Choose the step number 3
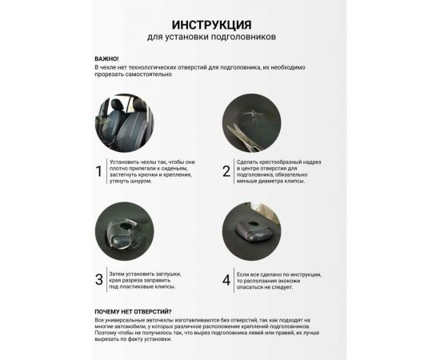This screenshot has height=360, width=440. [99, 279]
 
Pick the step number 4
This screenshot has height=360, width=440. [226, 279]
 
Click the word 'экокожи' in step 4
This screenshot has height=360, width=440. [306, 281]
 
